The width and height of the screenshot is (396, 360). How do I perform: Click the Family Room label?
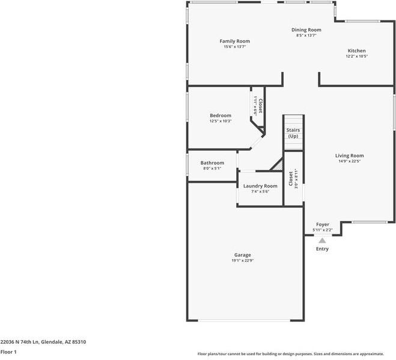coord(234,41)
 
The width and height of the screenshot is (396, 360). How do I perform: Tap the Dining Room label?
coord(306,30)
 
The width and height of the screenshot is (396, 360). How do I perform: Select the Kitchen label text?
coord(356,51)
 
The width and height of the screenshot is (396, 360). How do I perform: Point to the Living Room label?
coord(349,156)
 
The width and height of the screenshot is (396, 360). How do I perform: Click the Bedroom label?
coord(221,115)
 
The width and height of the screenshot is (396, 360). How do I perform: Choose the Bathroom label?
coord(212,163)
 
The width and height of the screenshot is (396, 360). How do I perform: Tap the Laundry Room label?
coord(260,186)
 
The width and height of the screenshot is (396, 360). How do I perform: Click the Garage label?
coord(243,255)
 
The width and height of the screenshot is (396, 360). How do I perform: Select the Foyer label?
coord(323,224)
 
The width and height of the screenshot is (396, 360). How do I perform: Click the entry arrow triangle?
coord(322,240)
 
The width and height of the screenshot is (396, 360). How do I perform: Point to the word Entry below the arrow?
coord(322,249)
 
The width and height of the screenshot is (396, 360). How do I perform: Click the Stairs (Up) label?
coord(293,133)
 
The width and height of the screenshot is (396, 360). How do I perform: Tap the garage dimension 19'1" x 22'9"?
coord(243,260)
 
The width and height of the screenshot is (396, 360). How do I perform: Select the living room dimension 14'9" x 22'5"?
coord(349,161)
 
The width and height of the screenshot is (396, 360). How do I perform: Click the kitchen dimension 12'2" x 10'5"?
coord(356,56)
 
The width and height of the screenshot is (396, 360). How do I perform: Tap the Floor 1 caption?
coord(8,352)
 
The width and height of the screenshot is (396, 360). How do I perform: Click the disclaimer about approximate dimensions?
coord(290,354)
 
